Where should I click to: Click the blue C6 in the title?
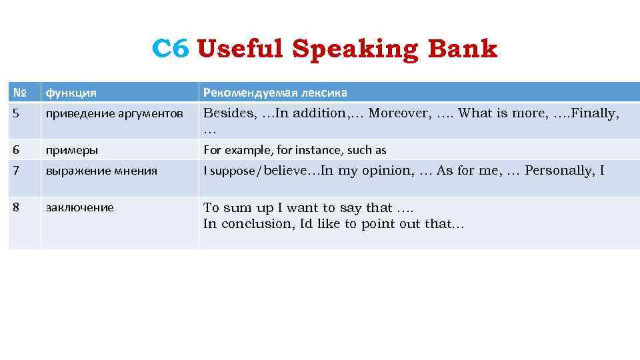(171, 49)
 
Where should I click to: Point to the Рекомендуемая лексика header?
(275, 92)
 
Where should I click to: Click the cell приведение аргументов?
(114, 113)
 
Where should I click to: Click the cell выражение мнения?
(101, 171)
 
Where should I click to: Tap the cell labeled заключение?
(79, 207)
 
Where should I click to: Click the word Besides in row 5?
(229, 113)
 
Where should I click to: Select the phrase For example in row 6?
(231, 150)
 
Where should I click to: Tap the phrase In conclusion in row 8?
(249, 224)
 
